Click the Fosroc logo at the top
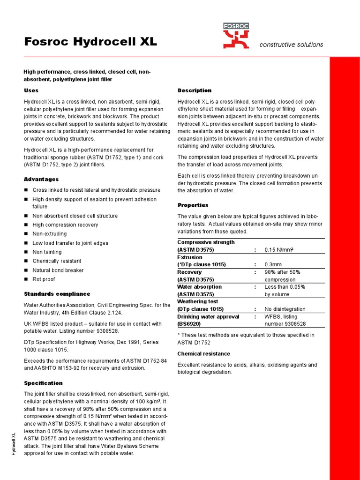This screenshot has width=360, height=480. tap(236, 36)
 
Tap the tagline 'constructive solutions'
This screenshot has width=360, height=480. tap(291, 45)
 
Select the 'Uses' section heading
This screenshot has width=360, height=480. tap(31, 90)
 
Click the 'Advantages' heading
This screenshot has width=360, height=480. tap(41, 179)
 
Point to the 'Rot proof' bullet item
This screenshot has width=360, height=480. tap(44, 279)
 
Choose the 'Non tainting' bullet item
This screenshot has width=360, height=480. tap(47, 252)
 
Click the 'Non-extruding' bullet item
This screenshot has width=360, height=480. tap(49, 234)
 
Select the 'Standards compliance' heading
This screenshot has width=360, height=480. tap(57, 294)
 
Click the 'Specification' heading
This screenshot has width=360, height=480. tap(43, 383)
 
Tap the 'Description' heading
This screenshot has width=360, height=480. tap(194, 90)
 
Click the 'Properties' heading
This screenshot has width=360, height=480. tap(193, 205)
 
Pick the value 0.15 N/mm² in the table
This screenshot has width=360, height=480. tap(279, 250)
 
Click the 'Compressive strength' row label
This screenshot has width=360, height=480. tap(206, 242)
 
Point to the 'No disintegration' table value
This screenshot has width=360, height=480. tap(285, 309)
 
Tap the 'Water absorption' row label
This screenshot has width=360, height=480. tap(199, 287)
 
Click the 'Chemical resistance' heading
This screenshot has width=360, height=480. tap(203, 353)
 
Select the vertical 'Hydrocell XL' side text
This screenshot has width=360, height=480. tap(14, 443)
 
